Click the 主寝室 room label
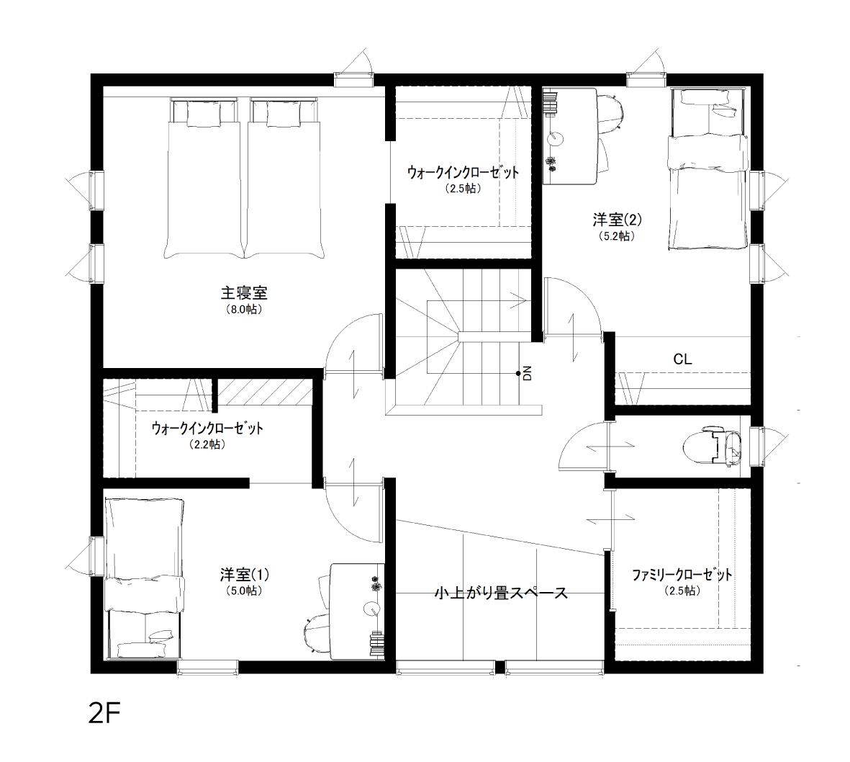(x=244, y=293)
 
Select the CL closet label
(x=682, y=359)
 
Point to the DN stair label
(x=528, y=373)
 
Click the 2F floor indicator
(x=104, y=714)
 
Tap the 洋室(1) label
(x=245, y=574)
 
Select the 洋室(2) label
(x=617, y=220)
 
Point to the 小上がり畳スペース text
(x=501, y=593)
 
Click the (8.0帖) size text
(x=244, y=310)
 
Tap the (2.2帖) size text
(x=207, y=444)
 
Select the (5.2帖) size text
(x=617, y=236)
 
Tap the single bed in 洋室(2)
(x=707, y=169)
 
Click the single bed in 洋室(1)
(x=144, y=578)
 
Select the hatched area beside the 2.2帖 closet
(x=265, y=392)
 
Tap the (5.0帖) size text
(x=244, y=591)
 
